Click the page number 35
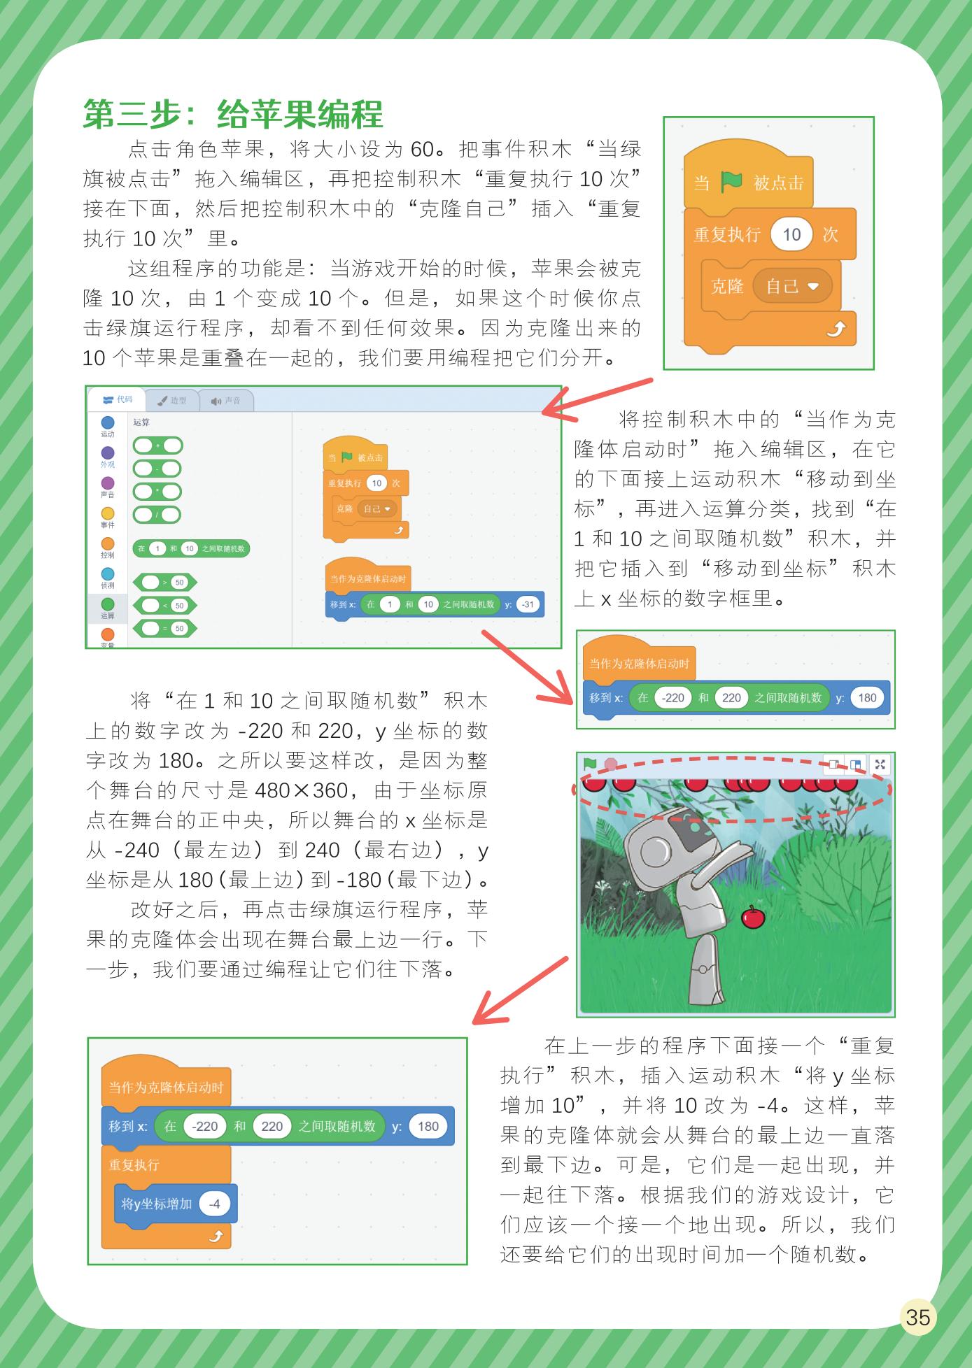(x=917, y=1317)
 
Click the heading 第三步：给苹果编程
(x=234, y=113)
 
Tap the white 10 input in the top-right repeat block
(x=791, y=234)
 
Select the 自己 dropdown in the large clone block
(x=791, y=286)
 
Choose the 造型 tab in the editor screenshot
(x=171, y=401)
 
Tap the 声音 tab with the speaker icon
(x=225, y=401)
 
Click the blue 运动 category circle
(x=108, y=422)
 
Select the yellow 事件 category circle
(x=108, y=513)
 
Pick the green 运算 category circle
(x=108, y=604)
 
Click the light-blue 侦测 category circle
(x=108, y=574)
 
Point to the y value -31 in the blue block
(x=528, y=604)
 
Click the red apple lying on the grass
(x=753, y=917)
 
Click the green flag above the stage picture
(x=591, y=764)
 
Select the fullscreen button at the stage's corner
(x=880, y=764)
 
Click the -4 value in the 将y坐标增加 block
(x=215, y=1203)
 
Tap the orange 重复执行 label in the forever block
(x=134, y=1164)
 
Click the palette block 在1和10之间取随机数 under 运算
(x=191, y=548)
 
